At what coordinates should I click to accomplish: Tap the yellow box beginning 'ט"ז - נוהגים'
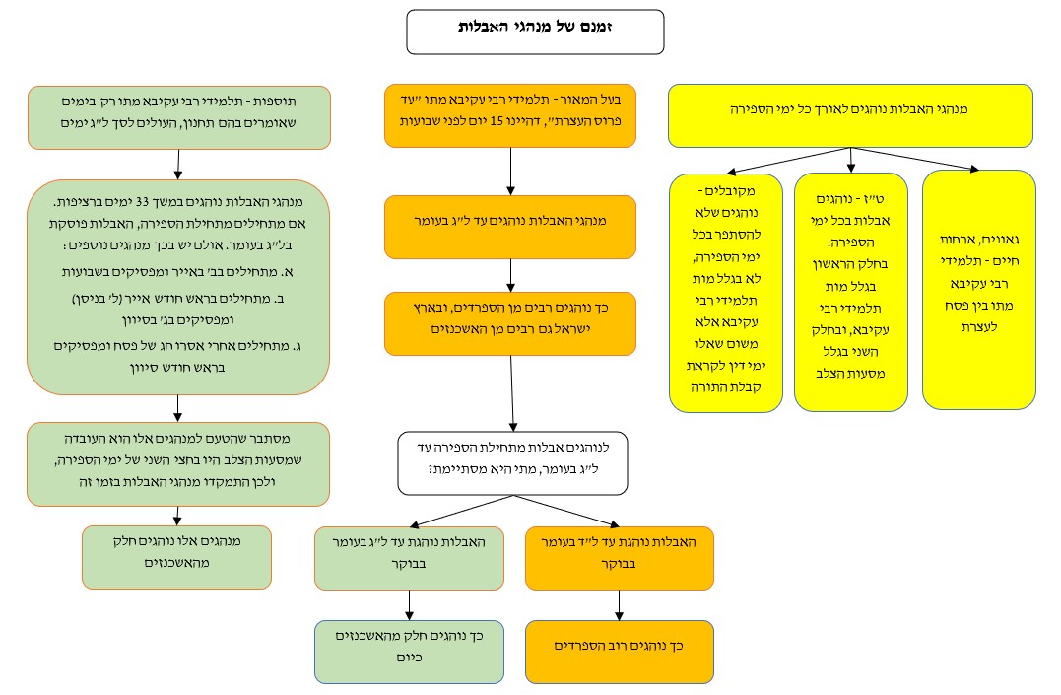click(x=851, y=291)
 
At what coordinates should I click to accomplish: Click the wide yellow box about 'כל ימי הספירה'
click(x=850, y=115)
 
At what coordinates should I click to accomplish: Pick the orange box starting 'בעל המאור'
click(x=510, y=115)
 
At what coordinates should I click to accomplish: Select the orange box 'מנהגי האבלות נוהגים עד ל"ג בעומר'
click(x=510, y=227)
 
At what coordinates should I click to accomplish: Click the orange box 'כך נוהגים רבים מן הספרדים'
click(x=510, y=323)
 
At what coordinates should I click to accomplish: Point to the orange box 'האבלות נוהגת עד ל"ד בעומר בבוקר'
click(x=620, y=558)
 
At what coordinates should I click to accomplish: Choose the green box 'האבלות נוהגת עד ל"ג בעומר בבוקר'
click(x=409, y=558)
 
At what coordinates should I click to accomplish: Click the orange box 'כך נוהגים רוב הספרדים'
click(x=620, y=651)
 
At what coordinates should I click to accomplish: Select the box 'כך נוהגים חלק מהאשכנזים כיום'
click(x=409, y=651)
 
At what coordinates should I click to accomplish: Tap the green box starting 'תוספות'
click(x=178, y=116)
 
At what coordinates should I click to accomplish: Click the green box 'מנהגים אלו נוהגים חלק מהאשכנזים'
click(x=177, y=556)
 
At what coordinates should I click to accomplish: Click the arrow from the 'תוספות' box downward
click(x=178, y=164)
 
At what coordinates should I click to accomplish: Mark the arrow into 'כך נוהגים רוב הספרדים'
click(x=620, y=604)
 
